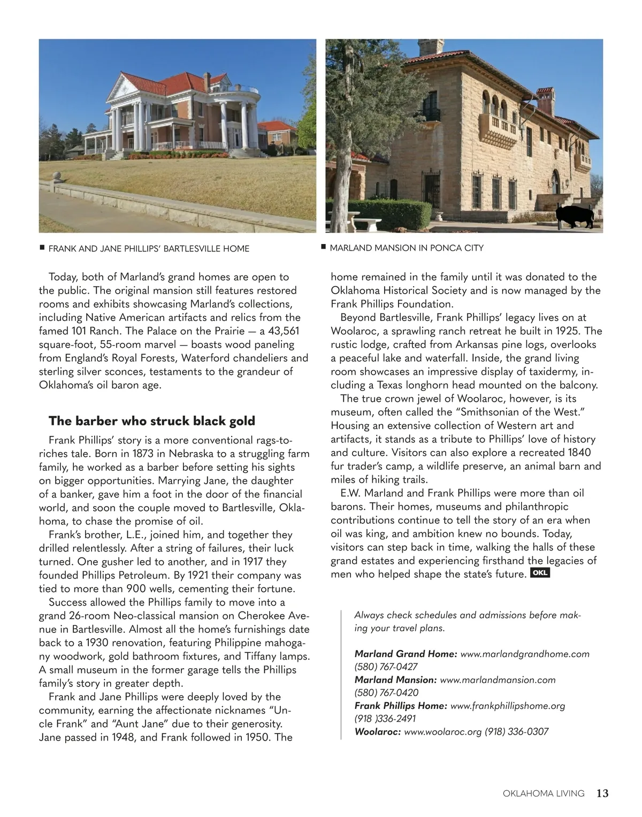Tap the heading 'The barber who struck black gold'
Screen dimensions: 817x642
[x=152, y=421]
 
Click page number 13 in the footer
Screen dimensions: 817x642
[x=602, y=793]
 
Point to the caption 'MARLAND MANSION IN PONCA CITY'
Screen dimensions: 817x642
[x=407, y=248]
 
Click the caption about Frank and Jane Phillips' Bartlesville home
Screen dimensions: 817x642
[x=149, y=249]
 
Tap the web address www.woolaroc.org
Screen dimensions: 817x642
[x=443, y=732]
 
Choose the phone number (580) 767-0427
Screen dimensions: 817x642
[x=386, y=667]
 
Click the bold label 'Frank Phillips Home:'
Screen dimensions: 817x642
[x=401, y=706]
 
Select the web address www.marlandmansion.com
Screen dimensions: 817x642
[x=498, y=680]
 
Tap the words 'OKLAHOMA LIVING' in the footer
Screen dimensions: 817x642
[x=544, y=793]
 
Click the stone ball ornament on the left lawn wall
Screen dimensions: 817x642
[x=58, y=176]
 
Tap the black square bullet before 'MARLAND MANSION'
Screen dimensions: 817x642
[x=323, y=247]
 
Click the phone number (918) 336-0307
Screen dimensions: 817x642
[x=516, y=732]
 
